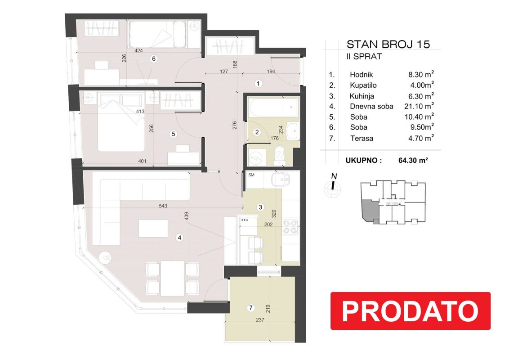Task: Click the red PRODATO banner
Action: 411,311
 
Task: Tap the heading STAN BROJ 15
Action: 388,44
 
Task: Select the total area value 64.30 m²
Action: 413,160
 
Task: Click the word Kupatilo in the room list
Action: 363,85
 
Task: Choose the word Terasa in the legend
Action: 362,138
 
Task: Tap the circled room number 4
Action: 179,238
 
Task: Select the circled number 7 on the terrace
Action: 250,308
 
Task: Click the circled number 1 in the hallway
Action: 258,84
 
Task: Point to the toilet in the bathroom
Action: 278,155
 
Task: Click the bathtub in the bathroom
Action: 273,107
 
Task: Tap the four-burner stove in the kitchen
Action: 290,226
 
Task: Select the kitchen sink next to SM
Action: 281,180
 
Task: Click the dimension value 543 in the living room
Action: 163,206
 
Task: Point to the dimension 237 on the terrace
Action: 260,319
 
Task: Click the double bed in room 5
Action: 121,122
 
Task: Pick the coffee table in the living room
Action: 153,229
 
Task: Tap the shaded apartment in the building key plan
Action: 370,211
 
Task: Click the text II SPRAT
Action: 364,57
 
